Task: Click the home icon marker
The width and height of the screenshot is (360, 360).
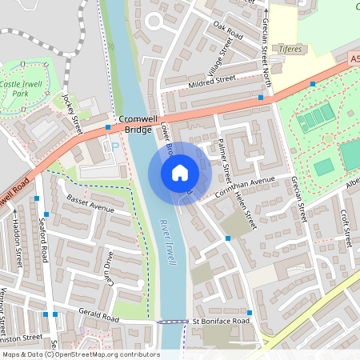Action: pyautogui.click(x=180, y=172)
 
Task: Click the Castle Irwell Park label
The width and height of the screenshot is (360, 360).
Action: pyautogui.click(x=20, y=89)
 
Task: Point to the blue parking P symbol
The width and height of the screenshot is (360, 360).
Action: pyautogui.click(x=114, y=146)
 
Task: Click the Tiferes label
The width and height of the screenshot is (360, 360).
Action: pyautogui.click(x=290, y=49)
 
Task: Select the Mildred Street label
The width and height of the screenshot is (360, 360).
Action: pyautogui.click(x=212, y=81)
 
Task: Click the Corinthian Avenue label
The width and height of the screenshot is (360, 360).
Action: pyautogui.click(x=244, y=185)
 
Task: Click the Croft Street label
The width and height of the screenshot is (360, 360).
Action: pyautogui.click(x=346, y=227)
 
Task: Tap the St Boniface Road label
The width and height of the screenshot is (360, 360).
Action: pyautogui.click(x=221, y=322)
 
